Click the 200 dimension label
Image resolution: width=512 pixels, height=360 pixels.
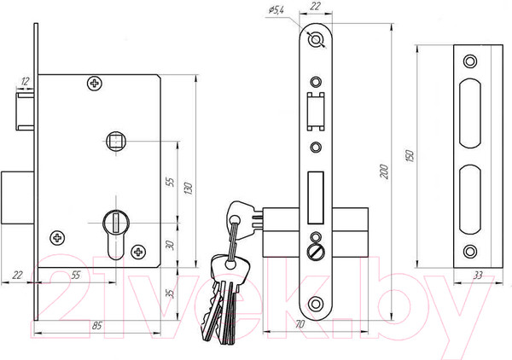pos(385,171)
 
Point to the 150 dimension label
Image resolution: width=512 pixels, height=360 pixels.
pos(410,156)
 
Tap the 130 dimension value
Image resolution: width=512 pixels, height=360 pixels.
pos(189,189)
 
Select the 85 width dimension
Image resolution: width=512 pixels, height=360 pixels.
pos(97,325)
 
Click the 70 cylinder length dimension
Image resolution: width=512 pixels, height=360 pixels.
pos(300,324)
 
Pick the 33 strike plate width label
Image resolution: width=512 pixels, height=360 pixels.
pos(478,276)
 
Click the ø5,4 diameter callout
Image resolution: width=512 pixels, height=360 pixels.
pos(276,10)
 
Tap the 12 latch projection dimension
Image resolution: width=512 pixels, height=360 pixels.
pos(25,81)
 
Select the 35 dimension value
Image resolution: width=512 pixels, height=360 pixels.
pos(170,293)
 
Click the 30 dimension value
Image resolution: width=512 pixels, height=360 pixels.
pos(170,245)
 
